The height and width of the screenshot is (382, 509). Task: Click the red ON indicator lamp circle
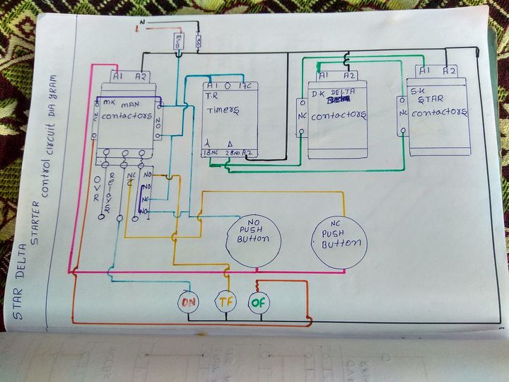click(189, 302)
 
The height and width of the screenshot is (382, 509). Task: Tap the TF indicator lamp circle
click(226, 302)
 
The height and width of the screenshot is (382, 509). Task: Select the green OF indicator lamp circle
click(259, 302)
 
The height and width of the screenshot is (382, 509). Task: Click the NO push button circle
click(254, 238)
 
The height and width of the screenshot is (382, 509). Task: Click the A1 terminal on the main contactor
click(119, 76)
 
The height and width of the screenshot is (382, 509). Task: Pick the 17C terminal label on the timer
click(248, 86)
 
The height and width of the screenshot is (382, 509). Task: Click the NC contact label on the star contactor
click(404, 112)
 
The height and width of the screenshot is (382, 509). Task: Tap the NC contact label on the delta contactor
click(301, 112)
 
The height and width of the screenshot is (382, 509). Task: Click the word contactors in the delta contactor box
click(341, 115)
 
